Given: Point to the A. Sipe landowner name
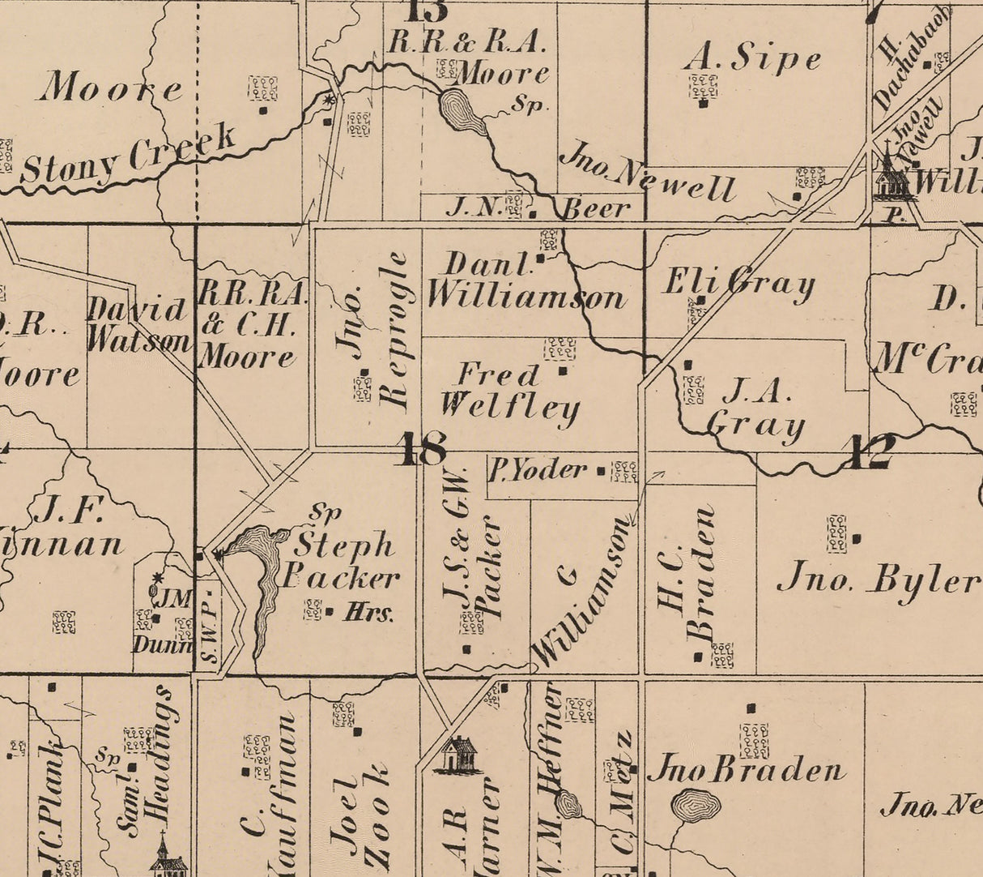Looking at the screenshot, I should (x=752, y=58).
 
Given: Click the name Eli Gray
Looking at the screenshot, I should (x=738, y=284).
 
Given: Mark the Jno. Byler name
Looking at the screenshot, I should (x=879, y=580).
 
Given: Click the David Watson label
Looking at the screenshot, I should (x=138, y=325).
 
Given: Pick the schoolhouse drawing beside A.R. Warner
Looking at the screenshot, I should (x=458, y=755).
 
